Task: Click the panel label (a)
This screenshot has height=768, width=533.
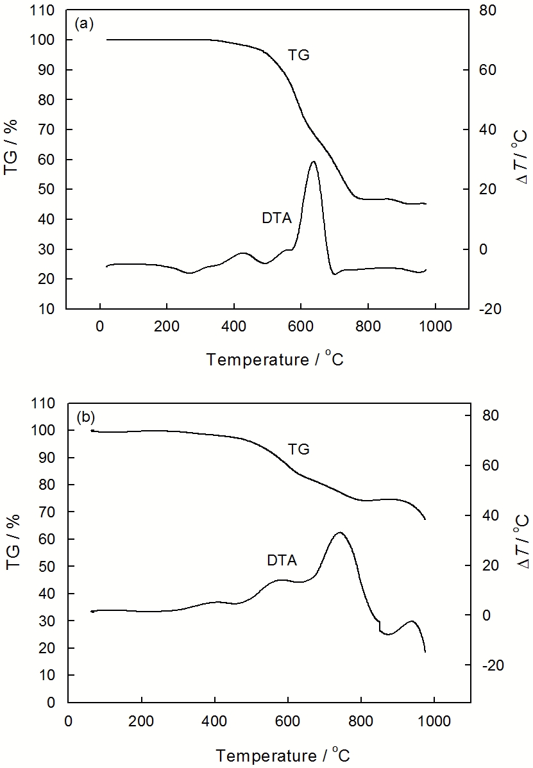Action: (85, 24)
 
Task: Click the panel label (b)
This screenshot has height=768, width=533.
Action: (85, 417)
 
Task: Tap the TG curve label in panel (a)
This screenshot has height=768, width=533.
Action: (298, 55)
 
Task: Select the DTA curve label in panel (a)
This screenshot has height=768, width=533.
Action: (276, 219)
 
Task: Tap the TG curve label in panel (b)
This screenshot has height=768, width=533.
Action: (298, 449)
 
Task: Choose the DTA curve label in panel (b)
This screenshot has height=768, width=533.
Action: (282, 561)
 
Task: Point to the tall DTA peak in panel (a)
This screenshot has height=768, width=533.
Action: (313, 162)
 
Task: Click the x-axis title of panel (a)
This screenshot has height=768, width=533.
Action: (275, 359)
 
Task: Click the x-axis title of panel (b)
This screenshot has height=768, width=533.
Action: (282, 752)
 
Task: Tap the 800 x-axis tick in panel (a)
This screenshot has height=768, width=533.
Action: (368, 324)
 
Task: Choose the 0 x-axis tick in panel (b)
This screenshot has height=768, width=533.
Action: (68, 717)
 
